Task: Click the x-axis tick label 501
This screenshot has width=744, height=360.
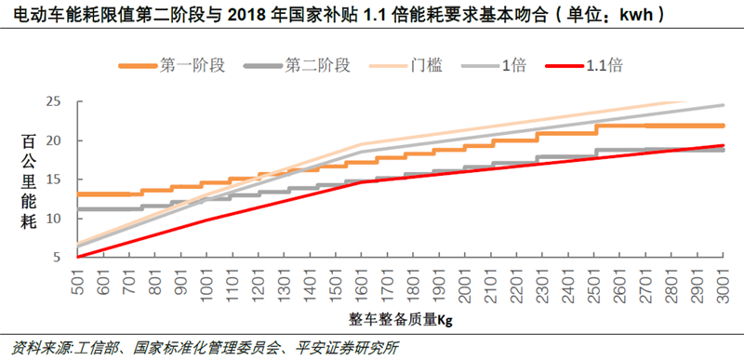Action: pos(77,282)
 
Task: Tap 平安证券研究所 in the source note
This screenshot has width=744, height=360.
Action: pos(350,348)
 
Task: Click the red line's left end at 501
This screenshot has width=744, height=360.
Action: pos(77,257)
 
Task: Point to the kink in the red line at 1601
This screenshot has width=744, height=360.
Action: pos(361,182)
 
